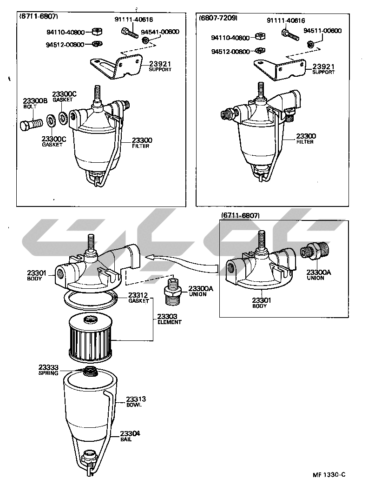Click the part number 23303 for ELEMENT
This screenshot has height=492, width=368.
[167, 316]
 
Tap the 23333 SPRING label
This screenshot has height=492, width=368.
[48, 370]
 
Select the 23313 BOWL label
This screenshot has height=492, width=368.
[136, 402]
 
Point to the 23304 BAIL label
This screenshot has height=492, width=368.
[130, 436]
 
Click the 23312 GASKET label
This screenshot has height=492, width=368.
[138, 298]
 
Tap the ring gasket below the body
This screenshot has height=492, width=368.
[91, 299]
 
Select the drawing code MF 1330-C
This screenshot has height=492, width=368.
[329, 474]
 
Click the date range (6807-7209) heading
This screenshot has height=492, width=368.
[218, 18]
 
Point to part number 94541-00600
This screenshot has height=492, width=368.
[160, 32]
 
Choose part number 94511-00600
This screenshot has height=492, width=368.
[322, 30]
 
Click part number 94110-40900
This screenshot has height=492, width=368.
[66, 32]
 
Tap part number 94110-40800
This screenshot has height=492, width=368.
[230, 38]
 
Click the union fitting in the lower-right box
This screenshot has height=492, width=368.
[314, 250]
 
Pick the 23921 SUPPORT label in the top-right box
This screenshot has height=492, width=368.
[323, 69]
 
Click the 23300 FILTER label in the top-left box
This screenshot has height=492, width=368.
[142, 143]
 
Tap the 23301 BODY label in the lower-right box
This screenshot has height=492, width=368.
[262, 303]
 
